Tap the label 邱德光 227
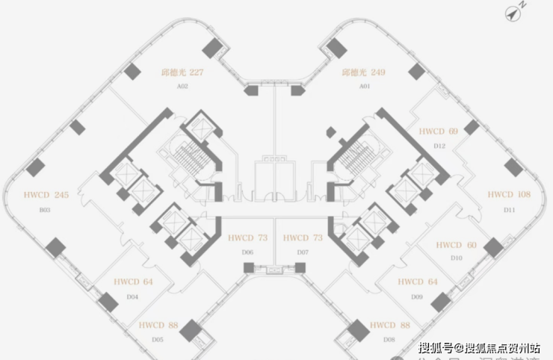coord(182,73)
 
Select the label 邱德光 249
coord(363,73)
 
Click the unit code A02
coord(182,87)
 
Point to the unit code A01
coord(365,87)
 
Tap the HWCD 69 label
coord(438,131)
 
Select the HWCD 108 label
coord(509,195)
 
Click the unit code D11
coord(510,210)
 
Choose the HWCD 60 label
coord(456,245)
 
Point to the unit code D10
coord(457,258)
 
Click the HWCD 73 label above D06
coord(247,238)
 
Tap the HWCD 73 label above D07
coord(303,238)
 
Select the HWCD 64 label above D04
coord(133,282)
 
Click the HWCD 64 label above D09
coord(417,282)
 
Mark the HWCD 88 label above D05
coord(158,326)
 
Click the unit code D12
coord(439,146)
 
